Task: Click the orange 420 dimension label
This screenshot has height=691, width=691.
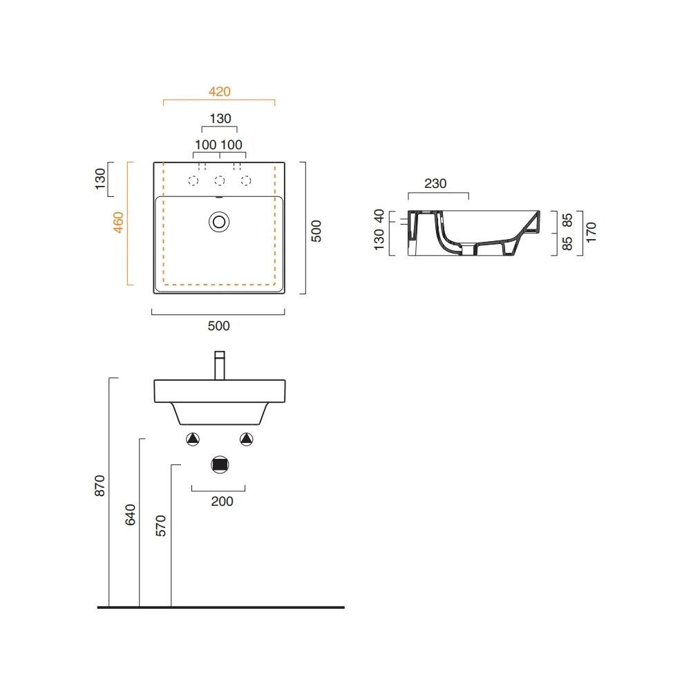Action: [220, 92]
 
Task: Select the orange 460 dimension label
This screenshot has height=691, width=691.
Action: [118, 223]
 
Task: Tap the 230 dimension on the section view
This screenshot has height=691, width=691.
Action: [435, 183]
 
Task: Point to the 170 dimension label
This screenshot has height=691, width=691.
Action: [591, 232]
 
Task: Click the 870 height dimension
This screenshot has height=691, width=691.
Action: [100, 486]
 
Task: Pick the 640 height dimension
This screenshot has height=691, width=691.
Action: [131, 515]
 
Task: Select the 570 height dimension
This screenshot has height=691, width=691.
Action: [161, 526]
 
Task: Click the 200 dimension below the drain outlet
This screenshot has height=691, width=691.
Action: [222, 502]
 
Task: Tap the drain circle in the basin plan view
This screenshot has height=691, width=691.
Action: [219, 222]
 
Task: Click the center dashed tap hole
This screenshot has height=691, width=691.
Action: [220, 180]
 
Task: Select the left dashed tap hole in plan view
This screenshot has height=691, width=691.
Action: [193, 180]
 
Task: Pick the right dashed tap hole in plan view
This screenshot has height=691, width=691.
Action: [247, 180]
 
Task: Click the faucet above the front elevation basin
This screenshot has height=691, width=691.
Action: [220, 366]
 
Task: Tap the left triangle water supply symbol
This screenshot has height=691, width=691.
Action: [193, 439]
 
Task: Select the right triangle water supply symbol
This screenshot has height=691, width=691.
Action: [247, 439]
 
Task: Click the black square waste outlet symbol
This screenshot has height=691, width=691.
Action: [220, 465]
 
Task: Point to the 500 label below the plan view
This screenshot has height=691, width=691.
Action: [218, 326]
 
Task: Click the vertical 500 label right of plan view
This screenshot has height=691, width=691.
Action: [316, 231]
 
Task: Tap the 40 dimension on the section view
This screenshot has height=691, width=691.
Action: [379, 216]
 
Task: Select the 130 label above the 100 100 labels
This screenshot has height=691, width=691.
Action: [220, 119]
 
